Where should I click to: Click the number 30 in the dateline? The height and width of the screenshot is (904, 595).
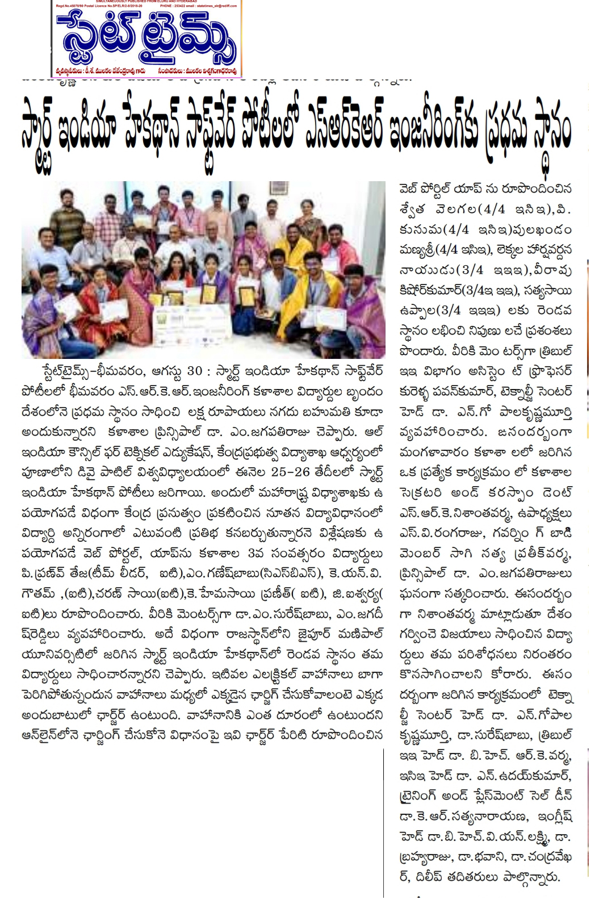tap(195, 371)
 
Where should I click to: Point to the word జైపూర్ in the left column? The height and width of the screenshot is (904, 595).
tap(328, 634)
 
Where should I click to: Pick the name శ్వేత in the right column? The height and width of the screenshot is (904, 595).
tap(412, 210)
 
